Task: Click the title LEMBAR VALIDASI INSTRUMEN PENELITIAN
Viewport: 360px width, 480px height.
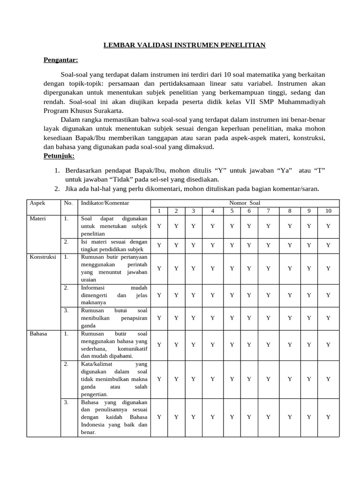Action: click(184, 45)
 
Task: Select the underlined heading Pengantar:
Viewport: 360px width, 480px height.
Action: click(61, 60)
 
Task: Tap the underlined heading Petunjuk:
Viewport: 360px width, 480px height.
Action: click(59, 155)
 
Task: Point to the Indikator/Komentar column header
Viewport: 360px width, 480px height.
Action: click(105, 203)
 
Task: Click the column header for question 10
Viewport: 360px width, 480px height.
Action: click(328, 211)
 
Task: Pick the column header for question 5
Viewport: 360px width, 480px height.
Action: click(232, 211)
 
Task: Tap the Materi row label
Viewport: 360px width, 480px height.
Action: click(37, 219)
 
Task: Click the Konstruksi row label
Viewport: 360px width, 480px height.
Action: click(43, 257)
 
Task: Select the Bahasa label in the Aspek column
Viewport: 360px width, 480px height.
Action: click(38, 334)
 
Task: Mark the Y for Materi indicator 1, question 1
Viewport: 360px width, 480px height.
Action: click(159, 226)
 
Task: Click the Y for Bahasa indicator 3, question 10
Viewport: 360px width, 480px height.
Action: click(328, 417)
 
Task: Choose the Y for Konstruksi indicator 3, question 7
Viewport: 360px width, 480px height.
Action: click(268, 318)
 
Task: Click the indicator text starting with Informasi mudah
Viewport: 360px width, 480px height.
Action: click(114, 295)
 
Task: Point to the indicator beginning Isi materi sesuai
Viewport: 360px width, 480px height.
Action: click(114, 245)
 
